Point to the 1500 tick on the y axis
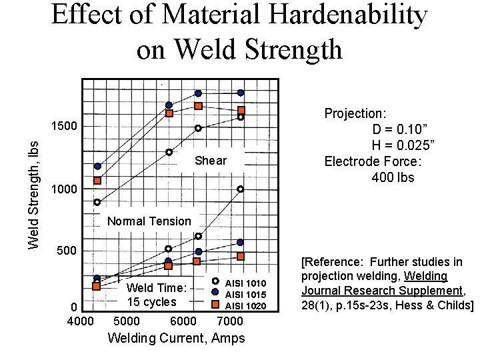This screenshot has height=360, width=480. click(64, 127)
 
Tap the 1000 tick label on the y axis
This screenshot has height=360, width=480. click(64, 190)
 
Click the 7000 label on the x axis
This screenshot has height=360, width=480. click(230, 321)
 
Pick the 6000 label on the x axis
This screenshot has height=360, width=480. click(175, 321)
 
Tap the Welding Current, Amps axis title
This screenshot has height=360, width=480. click(176, 338)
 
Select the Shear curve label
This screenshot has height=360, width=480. click(211, 161)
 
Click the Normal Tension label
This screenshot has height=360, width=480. click(149, 221)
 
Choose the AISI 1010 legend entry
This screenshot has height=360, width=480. click(245, 283)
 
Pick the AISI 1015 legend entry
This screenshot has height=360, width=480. click(245, 295)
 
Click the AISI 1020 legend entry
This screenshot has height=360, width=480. click(245, 306)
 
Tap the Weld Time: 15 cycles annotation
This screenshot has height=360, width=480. click(156, 295)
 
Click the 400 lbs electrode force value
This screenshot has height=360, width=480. click(393, 177)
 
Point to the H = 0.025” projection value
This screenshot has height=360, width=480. click(403, 145)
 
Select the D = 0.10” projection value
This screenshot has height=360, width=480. click(401, 129)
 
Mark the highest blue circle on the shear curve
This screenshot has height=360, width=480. click(241, 93)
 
